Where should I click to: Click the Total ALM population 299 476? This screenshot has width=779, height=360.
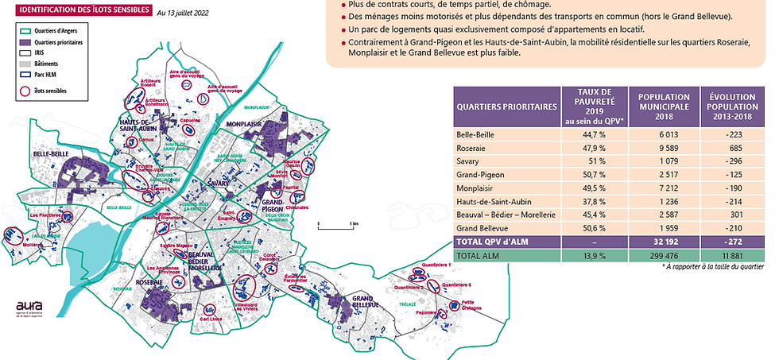tap(664, 255)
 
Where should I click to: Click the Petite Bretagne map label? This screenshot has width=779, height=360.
tap(467, 304)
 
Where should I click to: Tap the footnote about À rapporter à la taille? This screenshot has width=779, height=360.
tap(712, 267)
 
